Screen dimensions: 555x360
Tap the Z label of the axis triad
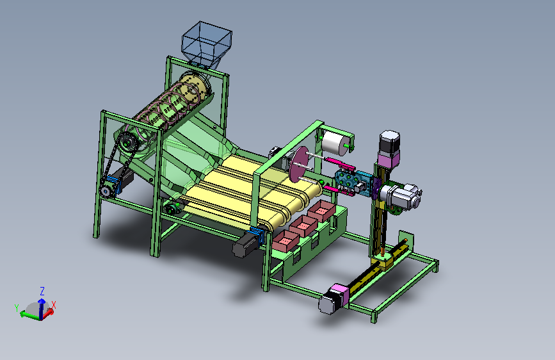[42, 291]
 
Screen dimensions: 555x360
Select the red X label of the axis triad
[54, 305]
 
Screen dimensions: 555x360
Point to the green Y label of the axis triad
[17, 307]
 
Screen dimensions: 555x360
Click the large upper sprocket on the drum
[128, 143]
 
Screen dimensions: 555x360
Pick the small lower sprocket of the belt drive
[105, 191]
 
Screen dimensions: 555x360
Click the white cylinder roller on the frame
[335, 143]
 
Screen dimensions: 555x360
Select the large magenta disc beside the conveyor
[299, 164]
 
